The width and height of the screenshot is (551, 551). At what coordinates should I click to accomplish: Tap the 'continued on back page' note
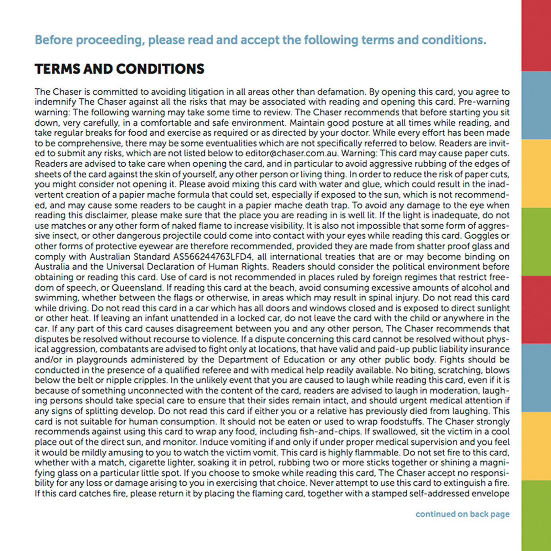(462, 514)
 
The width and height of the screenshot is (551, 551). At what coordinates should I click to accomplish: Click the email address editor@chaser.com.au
(292, 154)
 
